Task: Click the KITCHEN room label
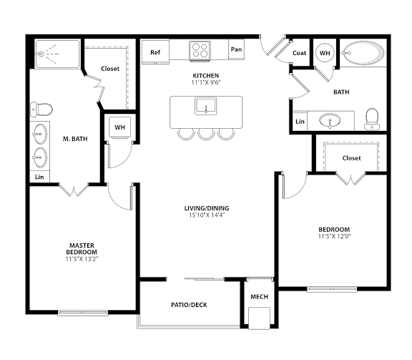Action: click(x=205, y=75)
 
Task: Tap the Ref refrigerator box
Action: click(x=154, y=52)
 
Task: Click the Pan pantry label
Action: click(x=235, y=51)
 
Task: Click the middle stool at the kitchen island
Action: click(x=206, y=134)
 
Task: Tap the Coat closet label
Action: click(x=300, y=53)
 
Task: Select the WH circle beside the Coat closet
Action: click(x=325, y=53)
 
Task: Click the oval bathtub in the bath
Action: click(x=361, y=53)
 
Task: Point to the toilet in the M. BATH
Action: click(x=42, y=110)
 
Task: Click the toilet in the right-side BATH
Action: click(x=371, y=118)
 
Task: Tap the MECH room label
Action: click(x=257, y=296)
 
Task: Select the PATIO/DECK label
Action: click(x=189, y=304)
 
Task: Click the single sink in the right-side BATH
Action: click(x=330, y=120)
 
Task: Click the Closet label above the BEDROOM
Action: click(x=351, y=157)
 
